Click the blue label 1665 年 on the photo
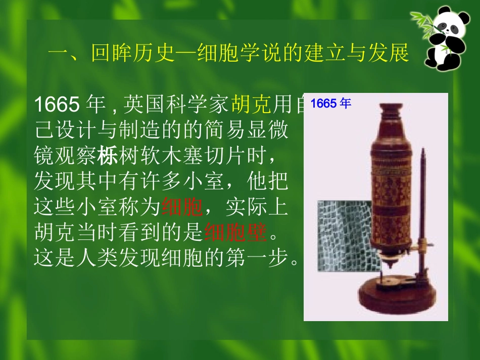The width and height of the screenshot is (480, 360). tap(330, 104)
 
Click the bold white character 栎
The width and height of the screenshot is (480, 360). tap(108, 156)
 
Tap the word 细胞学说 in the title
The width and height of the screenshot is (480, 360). tap(229, 53)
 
